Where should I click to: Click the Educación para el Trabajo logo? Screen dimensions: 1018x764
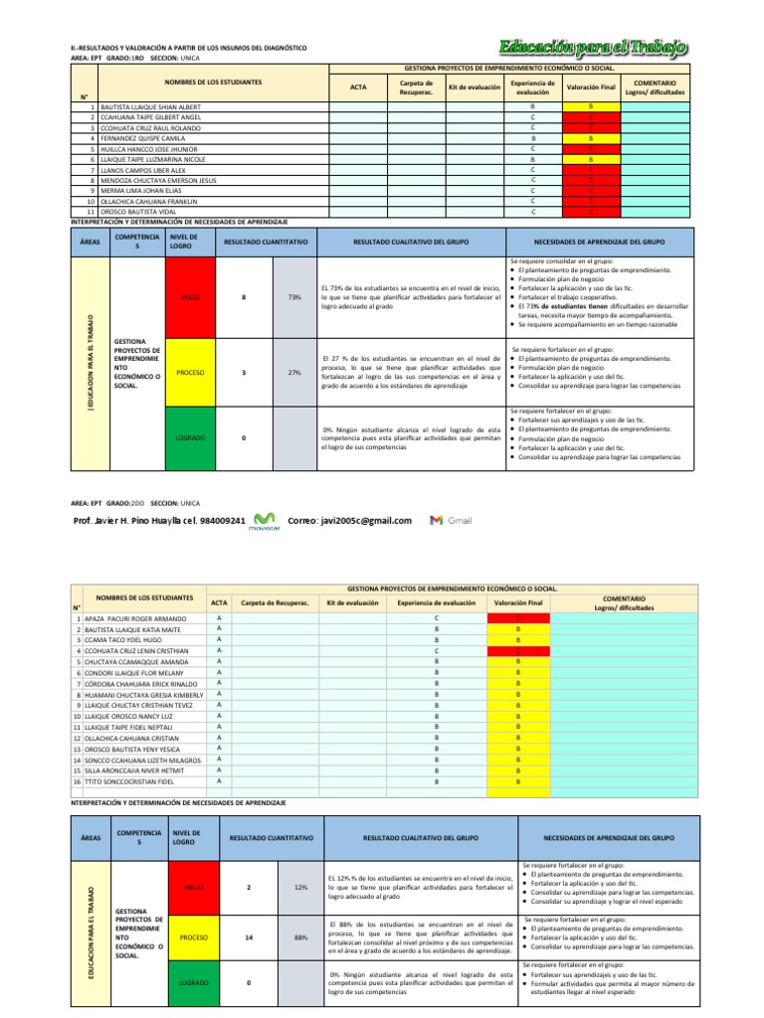594,47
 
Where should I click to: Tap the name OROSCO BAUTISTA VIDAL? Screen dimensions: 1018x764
132,212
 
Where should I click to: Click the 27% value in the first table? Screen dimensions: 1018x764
293,372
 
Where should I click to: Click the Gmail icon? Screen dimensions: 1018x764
451,520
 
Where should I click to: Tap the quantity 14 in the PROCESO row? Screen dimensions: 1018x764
248,936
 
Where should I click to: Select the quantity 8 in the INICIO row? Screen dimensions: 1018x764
244,296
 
